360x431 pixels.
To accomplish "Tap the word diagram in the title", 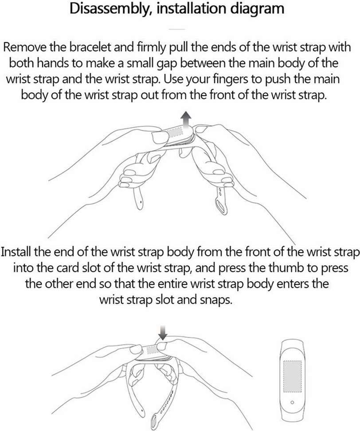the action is [257, 9].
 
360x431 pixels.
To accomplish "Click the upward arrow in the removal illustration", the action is [187, 120].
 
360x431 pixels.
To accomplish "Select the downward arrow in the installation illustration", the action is [163, 332].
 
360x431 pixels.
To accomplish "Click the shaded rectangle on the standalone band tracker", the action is [293, 376].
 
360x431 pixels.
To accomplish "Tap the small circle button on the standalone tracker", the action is [292, 403].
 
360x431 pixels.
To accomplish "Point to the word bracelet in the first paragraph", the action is [90, 47].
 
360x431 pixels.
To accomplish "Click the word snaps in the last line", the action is [216, 300].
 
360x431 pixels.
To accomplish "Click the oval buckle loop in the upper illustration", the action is [222, 206].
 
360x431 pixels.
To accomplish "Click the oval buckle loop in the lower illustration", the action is [156, 423].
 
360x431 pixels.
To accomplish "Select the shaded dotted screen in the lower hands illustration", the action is [152, 350].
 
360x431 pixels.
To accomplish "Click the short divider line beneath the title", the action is [177, 28].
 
